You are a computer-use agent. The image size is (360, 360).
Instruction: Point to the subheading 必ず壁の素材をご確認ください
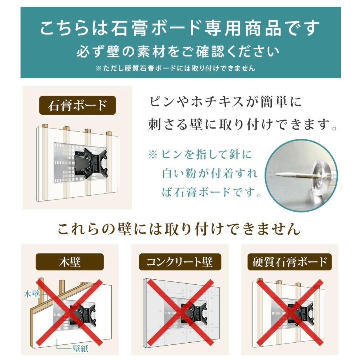(x=180, y=52)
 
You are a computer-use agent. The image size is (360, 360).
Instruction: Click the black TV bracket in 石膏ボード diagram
(x=90, y=163)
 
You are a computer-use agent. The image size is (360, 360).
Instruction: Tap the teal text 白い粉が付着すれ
(x=210, y=174)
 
